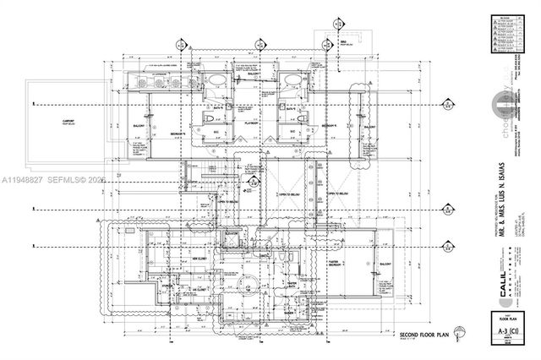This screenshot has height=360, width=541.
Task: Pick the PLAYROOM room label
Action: point(250,124)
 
